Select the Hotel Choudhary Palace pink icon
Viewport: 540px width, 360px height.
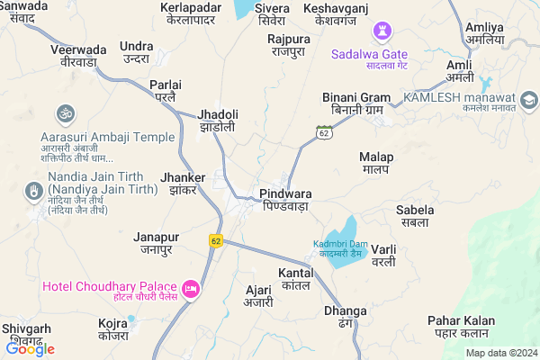click(x=191, y=289)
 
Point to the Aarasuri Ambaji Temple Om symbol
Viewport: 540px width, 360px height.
click(x=63, y=114)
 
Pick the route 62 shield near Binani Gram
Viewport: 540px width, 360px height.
click(x=323, y=132)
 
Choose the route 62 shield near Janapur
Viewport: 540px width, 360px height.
click(x=215, y=240)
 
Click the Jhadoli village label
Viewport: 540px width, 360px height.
click(x=219, y=121)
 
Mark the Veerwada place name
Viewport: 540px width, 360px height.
click(x=78, y=56)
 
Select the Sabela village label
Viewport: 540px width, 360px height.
click(x=415, y=216)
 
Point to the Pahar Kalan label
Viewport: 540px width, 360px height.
click(x=461, y=328)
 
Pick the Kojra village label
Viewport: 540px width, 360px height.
click(x=114, y=328)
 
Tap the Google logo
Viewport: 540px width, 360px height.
click(x=30, y=348)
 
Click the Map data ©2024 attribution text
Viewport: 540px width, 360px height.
click(x=500, y=353)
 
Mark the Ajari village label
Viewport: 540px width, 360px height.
click(x=258, y=297)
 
